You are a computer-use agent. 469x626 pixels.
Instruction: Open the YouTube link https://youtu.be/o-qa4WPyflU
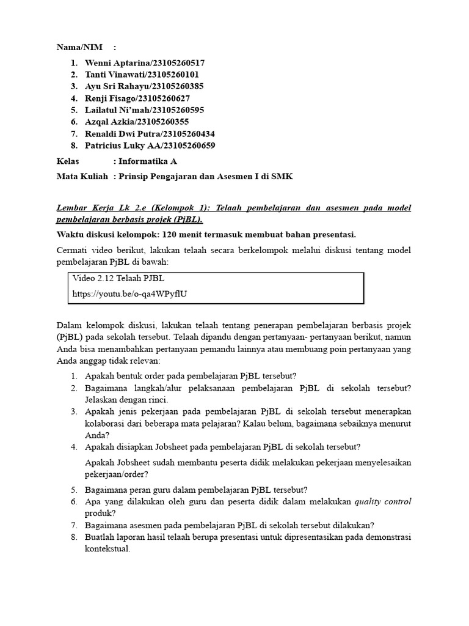[129, 293]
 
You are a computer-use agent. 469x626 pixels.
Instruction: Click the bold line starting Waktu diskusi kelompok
[206, 234]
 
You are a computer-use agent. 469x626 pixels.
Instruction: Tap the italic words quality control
[383, 502]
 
